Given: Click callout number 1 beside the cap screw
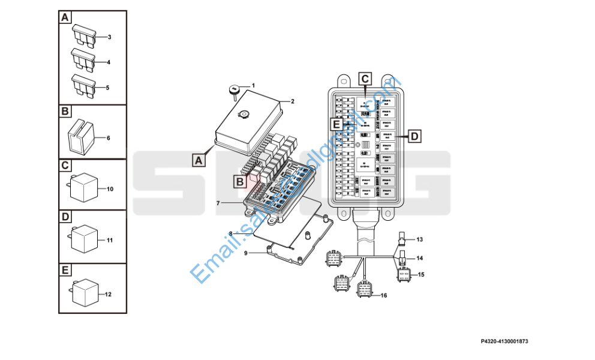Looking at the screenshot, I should pos(253,85).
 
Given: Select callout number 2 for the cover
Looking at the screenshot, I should pos(292,101).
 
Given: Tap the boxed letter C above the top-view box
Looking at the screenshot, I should pos(365,78).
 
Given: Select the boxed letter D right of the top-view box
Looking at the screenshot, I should pos(414,136).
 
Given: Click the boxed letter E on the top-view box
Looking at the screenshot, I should pos(337,124).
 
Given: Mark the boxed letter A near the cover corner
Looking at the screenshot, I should pos(199,160).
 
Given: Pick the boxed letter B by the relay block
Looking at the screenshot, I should pos(239,181).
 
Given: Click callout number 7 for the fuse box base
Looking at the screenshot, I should pos(218,203).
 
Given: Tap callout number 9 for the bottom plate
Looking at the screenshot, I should pos(247,253).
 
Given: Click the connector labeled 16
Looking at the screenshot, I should pos(365,289).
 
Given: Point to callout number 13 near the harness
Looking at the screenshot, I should pos(420,239).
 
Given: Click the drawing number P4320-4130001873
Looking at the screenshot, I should pos(504,341).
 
